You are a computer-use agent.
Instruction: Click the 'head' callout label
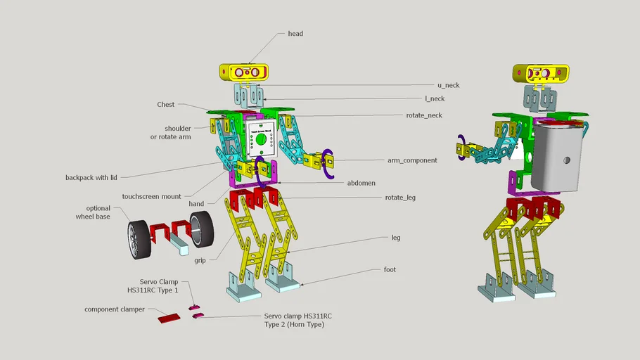coord(295,34)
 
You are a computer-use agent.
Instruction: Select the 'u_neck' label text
coord(448,85)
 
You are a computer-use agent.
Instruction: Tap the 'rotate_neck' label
coord(424,115)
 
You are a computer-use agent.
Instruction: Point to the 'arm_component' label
coord(412,160)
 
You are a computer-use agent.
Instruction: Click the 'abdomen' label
coord(361,183)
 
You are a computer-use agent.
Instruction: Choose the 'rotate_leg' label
coord(400,198)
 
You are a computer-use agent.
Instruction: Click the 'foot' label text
coord(390,269)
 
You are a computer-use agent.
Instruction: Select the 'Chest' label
coord(166,105)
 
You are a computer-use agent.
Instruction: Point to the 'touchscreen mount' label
coord(151,197)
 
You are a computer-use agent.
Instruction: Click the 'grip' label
coord(200,260)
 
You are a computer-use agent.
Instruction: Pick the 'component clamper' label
coord(115,309)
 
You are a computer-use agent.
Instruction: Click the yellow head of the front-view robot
coord(243,72)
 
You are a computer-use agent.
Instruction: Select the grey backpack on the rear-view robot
coord(558,159)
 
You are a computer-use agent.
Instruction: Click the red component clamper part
coord(169,318)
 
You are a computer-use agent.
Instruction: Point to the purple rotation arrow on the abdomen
coord(262,169)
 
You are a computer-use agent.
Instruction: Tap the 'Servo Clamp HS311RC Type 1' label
coord(159,285)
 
